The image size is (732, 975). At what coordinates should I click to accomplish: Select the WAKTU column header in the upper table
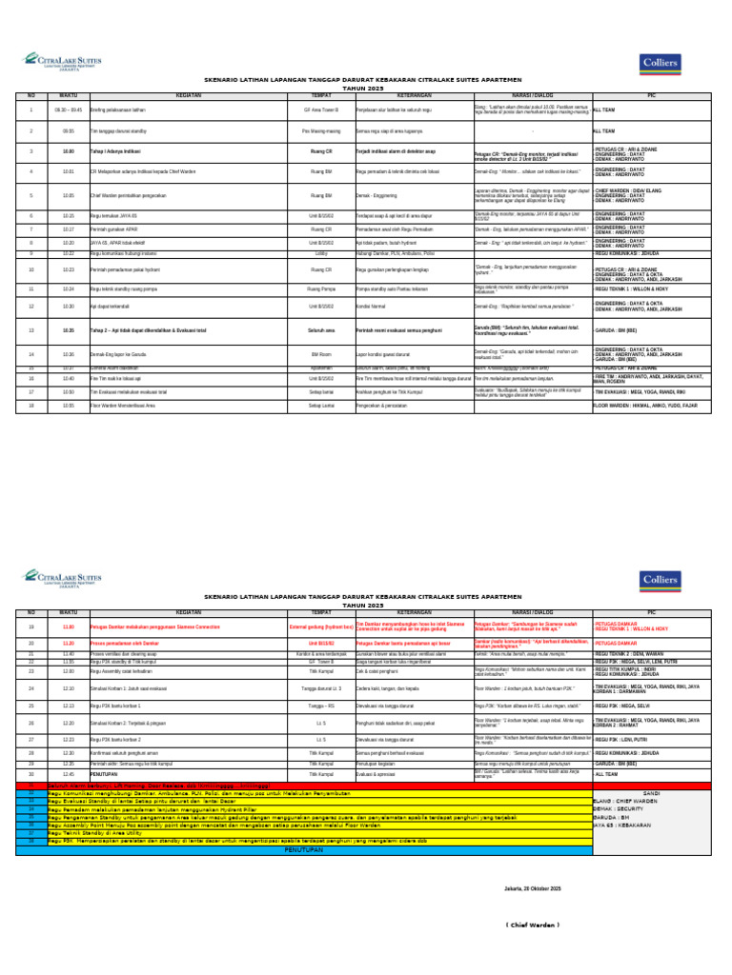69,95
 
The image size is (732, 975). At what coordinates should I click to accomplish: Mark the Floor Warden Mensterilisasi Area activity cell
124,405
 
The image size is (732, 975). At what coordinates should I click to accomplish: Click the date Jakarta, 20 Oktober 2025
529,888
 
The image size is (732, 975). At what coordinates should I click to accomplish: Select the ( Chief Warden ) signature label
529,925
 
